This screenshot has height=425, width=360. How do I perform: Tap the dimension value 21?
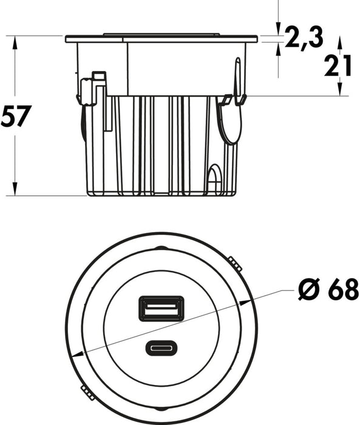pos(338,67)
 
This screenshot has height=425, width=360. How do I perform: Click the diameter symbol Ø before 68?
pos(308,291)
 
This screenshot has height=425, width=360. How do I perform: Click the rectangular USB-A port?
pos(160,308)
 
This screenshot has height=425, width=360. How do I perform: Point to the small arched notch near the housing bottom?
pos(214,178)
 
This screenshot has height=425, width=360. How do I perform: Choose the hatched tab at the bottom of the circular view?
pos(87,393)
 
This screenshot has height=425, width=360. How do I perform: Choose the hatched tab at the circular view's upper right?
pos(236,263)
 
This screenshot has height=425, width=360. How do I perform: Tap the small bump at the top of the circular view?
pos(161,248)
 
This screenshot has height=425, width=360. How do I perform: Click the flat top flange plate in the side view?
pos(161,39)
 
